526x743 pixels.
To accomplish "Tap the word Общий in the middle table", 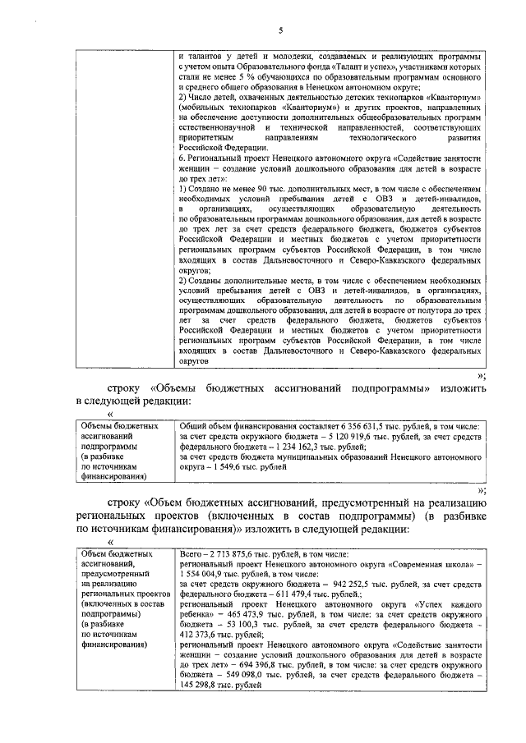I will pyautogui.click(x=194, y=427).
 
